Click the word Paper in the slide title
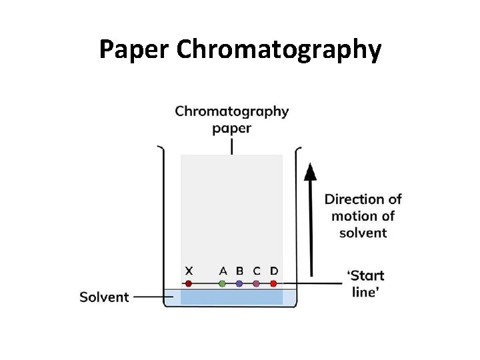point(135,50)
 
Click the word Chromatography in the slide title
point(279,50)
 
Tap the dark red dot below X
point(189,283)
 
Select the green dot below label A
point(222,283)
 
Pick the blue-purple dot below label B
point(239,283)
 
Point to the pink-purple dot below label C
point(257,283)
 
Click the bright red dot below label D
point(273,283)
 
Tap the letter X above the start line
point(189,271)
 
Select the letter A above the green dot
point(223,271)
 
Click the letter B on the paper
point(239,271)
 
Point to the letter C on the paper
point(257,271)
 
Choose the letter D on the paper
point(274,271)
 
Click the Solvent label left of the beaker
point(104,297)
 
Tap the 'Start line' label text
point(366,283)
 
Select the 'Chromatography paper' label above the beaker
point(232,119)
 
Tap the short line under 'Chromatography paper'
point(232,145)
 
